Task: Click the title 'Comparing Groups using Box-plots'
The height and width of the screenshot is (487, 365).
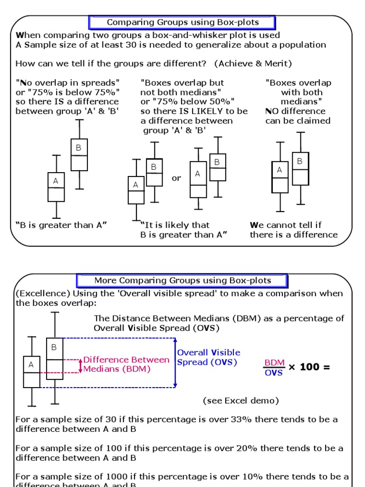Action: click(182, 22)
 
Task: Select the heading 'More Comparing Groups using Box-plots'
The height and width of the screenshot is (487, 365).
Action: click(182, 281)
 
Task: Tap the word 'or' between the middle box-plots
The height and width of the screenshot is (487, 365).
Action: click(176, 178)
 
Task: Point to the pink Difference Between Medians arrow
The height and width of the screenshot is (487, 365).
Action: click(80, 366)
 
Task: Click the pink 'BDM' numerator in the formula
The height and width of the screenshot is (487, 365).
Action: click(274, 363)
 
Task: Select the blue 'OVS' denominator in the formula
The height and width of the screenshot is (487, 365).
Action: click(274, 373)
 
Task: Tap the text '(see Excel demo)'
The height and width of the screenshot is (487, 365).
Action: click(241, 400)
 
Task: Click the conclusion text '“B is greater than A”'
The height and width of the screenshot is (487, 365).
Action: click(61, 225)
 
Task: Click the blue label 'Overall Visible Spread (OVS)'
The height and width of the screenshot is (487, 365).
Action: click(208, 357)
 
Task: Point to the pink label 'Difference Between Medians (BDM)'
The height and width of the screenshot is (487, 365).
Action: click(126, 364)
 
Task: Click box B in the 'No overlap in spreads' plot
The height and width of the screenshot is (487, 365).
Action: click(79, 155)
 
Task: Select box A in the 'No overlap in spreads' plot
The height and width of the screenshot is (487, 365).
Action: click(56, 187)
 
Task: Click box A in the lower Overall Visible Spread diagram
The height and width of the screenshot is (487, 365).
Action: click(32, 372)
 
